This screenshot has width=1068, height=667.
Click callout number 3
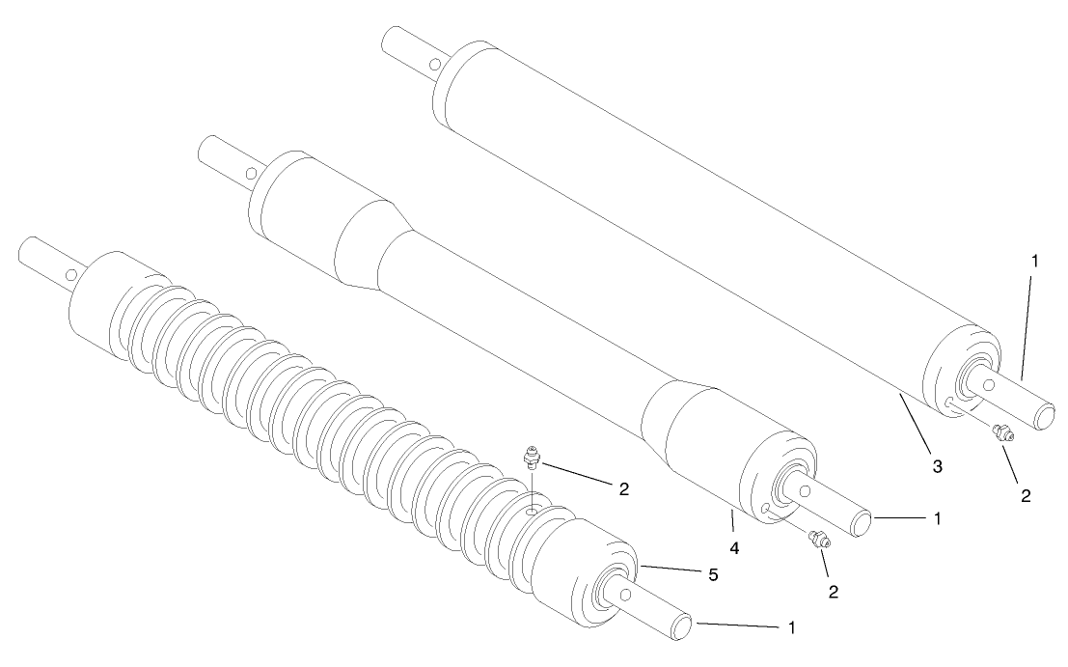tap(936, 466)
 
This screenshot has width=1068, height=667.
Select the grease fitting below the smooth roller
tap(1002, 434)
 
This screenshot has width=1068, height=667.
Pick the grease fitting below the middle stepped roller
tap(819, 542)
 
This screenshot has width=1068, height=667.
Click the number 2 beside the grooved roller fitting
tap(623, 489)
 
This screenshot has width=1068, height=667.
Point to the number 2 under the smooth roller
tap(1026, 496)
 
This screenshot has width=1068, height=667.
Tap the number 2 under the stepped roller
tap(833, 591)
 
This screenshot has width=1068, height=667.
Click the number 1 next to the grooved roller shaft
tap(792, 627)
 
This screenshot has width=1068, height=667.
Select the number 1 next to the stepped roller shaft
tap(935, 518)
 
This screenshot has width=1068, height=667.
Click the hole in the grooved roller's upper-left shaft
tap(71, 274)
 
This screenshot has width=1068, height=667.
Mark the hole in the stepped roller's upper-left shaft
tap(250, 175)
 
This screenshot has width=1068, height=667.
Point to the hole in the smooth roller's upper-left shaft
tap(436, 65)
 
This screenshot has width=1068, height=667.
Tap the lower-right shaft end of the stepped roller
tap(863, 522)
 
